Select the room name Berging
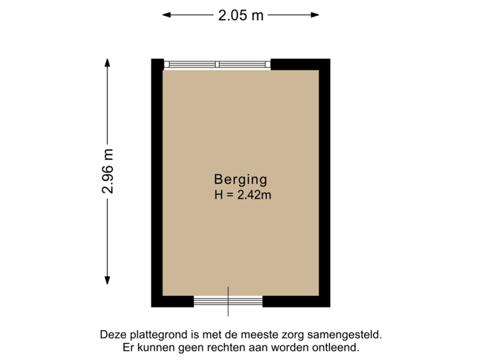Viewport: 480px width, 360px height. [x=240, y=179]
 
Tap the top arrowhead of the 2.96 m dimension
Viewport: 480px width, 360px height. [x=107, y=62]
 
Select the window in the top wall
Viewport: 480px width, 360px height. [x=217, y=64]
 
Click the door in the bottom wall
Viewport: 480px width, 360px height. [x=228, y=302]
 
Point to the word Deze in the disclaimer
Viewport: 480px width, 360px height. [x=112, y=335]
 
